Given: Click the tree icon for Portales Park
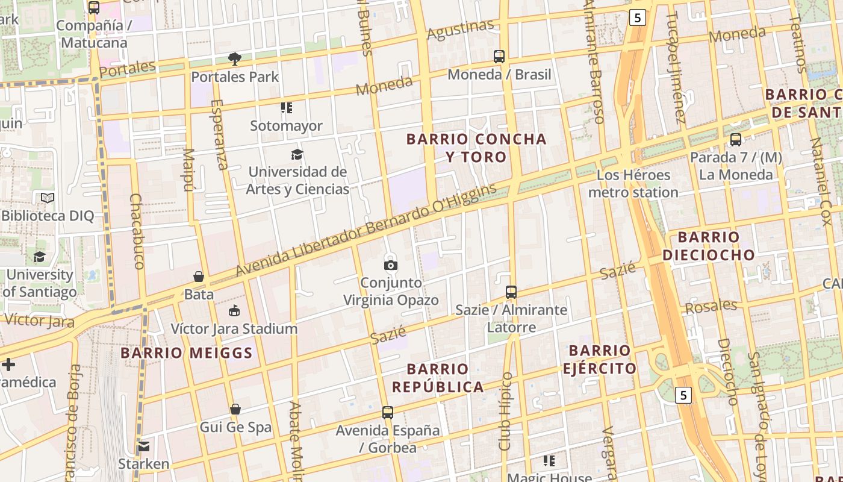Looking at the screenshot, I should point(235,58).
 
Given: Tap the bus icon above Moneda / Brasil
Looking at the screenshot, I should point(499,57).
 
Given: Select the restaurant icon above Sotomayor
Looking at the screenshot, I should point(287,108).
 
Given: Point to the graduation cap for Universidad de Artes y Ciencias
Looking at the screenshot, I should point(297,154).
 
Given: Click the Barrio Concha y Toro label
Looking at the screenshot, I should point(476,148).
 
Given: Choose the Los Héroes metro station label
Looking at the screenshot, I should point(633,184).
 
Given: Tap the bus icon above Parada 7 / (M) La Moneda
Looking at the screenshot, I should point(735,140).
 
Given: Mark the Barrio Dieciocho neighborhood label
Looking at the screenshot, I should point(709,246).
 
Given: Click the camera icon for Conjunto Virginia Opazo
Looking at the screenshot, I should point(391,265).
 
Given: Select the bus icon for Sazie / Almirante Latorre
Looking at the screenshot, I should point(511,292).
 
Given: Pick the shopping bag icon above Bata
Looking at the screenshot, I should point(199,277).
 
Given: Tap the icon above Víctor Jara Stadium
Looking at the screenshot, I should point(234,311).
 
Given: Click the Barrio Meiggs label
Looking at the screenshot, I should point(187,353).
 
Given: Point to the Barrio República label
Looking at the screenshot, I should point(438,378).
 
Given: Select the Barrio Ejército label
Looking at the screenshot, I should point(599,360).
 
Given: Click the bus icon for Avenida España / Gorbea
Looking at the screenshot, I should point(388,413).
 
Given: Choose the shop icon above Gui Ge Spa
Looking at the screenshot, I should point(235,410).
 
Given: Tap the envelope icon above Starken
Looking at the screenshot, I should point(143,446).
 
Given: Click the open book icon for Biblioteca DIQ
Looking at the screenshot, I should point(48,198).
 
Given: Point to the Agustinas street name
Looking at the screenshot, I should point(460,30).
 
